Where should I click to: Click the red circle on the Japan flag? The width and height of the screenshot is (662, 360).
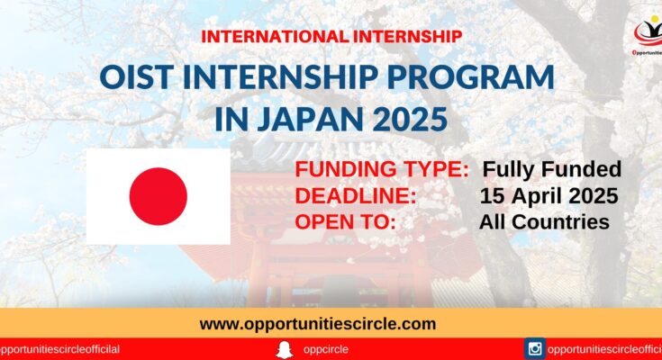(159, 196)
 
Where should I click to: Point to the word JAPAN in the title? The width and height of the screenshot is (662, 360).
(311, 119)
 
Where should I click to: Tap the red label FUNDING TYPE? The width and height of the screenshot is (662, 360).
(382, 169)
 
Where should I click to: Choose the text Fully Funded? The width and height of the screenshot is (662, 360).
(552, 169)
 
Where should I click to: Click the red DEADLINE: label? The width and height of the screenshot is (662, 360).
(356, 196)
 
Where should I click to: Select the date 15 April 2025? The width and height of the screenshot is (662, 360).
(549, 196)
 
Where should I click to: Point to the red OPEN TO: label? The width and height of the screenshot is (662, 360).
(345, 222)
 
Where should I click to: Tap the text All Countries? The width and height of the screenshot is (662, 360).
(544, 222)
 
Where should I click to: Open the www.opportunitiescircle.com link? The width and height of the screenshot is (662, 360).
(317, 324)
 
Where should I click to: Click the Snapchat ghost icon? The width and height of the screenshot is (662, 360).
(284, 350)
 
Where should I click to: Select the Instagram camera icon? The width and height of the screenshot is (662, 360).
(535, 349)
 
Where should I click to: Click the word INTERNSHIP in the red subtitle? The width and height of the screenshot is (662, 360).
(407, 37)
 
